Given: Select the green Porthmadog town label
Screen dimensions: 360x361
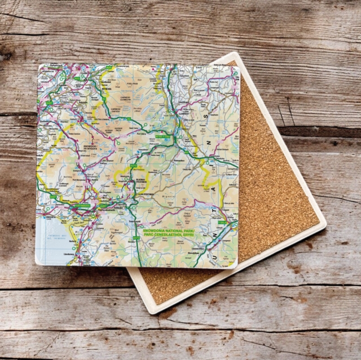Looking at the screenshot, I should point(78,206).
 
